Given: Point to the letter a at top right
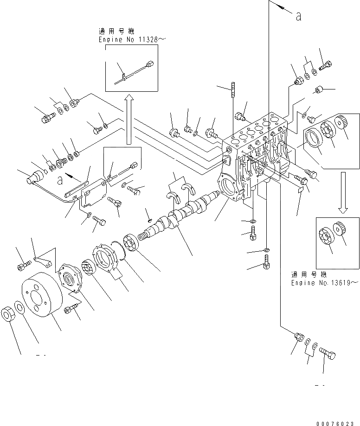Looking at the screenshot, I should (x=299, y=16).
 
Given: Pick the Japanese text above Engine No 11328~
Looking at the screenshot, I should (x=116, y=32).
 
